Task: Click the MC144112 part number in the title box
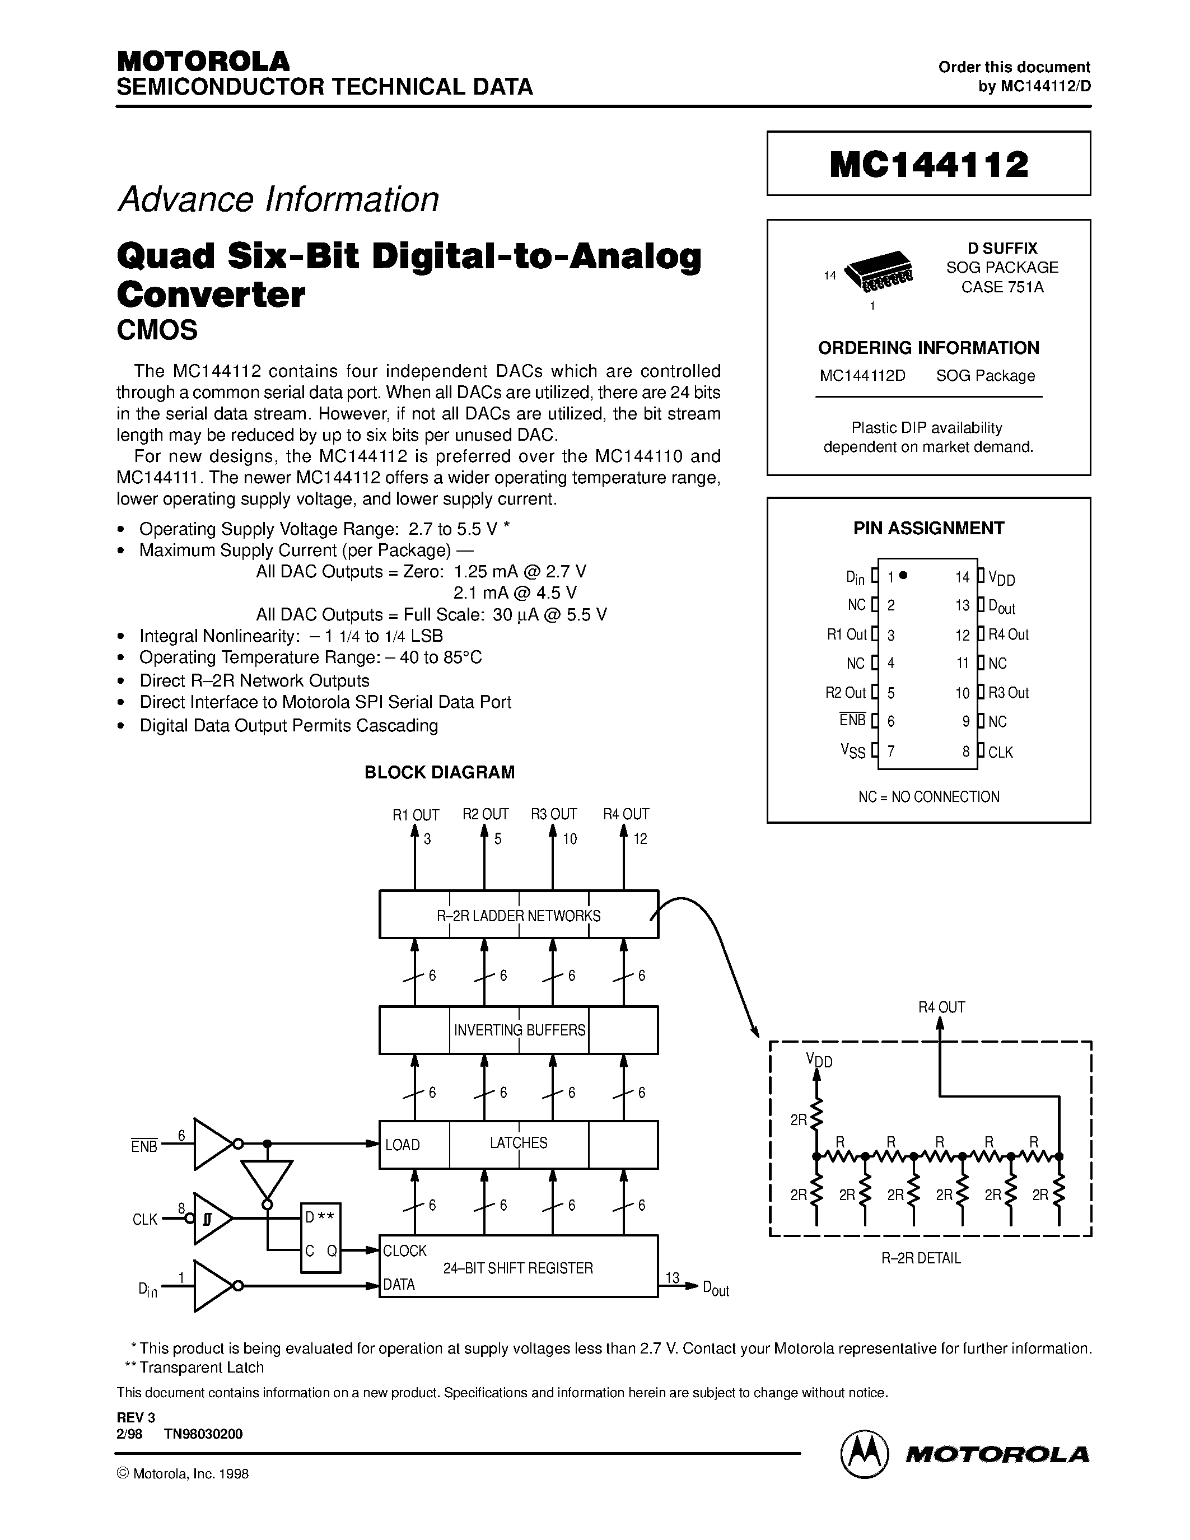(x=928, y=164)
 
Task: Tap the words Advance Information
(x=278, y=199)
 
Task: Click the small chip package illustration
(x=878, y=272)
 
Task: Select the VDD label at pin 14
(x=1001, y=578)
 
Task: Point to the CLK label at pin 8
(x=1000, y=753)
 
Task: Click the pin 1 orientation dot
(x=904, y=575)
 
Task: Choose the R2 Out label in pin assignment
(x=845, y=692)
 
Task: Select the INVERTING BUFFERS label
(x=519, y=1030)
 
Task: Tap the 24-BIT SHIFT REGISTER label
(x=517, y=1268)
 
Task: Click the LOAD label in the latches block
(x=402, y=1145)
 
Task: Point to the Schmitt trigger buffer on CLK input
(x=212, y=1219)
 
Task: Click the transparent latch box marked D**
(x=320, y=1238)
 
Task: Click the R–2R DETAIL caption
(x=921, y=1258)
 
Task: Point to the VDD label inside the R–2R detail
(x=819, y=1061)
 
